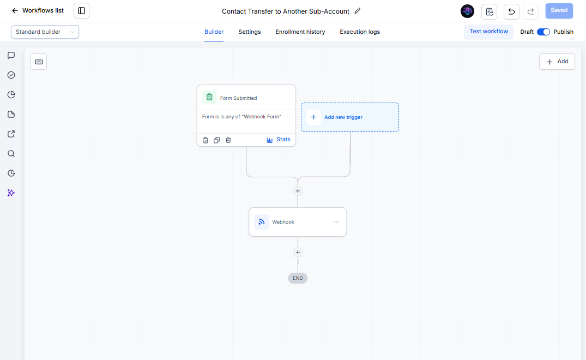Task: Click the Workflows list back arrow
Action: [x=15, y=11]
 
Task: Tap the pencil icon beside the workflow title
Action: [x=358, y=11]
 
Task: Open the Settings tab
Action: [x=249, y=32]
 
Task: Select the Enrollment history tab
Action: [x=300, y=32]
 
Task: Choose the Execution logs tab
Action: [x=360, y=32]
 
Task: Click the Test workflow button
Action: [x=488, y=32]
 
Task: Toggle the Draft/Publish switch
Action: [x=543, y=32]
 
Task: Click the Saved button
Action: [x=559, y=11]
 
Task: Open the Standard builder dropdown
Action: [x=45, y=32]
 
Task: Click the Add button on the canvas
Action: [x=557, y=62]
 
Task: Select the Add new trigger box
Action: [x=350, y=117]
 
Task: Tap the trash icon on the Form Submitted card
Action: [x=228, y=140]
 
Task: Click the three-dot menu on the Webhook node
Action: [x=336, y=222]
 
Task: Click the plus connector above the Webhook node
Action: [x=298, y=191]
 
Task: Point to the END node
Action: [x=298, y=278]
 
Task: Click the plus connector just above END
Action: [x=298, y=253]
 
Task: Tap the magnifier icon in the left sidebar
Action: [x=11, y=154]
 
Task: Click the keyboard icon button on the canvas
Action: [x=39, y=62]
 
